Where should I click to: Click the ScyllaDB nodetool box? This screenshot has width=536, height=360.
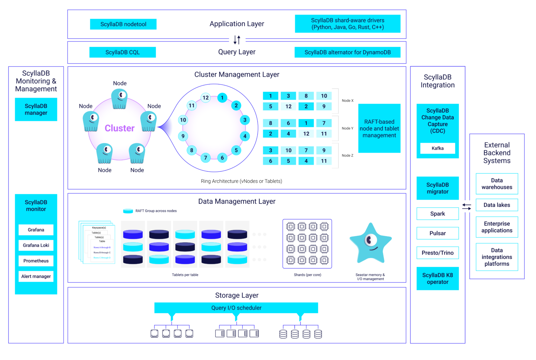point(123,24)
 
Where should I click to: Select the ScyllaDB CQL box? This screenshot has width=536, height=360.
point(122,52)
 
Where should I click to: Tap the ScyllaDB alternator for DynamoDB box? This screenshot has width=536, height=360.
point(348,52)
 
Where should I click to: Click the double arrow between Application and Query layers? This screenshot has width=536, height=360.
point(237,40)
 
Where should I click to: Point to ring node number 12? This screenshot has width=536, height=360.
point(206,98)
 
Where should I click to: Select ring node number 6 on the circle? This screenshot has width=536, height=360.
point(222,158)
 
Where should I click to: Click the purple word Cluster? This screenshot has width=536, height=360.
point(119,128)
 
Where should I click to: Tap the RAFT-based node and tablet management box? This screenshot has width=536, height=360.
point(379,128)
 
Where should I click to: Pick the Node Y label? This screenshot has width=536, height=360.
point(348,128)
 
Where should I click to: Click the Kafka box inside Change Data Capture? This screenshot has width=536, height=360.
point(438,148)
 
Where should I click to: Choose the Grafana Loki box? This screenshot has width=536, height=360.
point(36,245)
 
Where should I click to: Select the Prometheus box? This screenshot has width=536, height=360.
point(36,261)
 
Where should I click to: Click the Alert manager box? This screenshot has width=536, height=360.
point(36,277)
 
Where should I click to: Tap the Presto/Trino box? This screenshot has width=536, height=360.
point(438,253)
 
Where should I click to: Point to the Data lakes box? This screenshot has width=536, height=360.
point(497,205)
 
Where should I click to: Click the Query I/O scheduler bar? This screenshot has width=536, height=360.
point(236,308)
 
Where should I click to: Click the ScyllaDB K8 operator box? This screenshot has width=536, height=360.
point(438,279)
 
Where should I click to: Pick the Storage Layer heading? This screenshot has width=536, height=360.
point(237,295)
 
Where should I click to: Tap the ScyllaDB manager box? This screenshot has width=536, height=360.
point(36,109)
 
